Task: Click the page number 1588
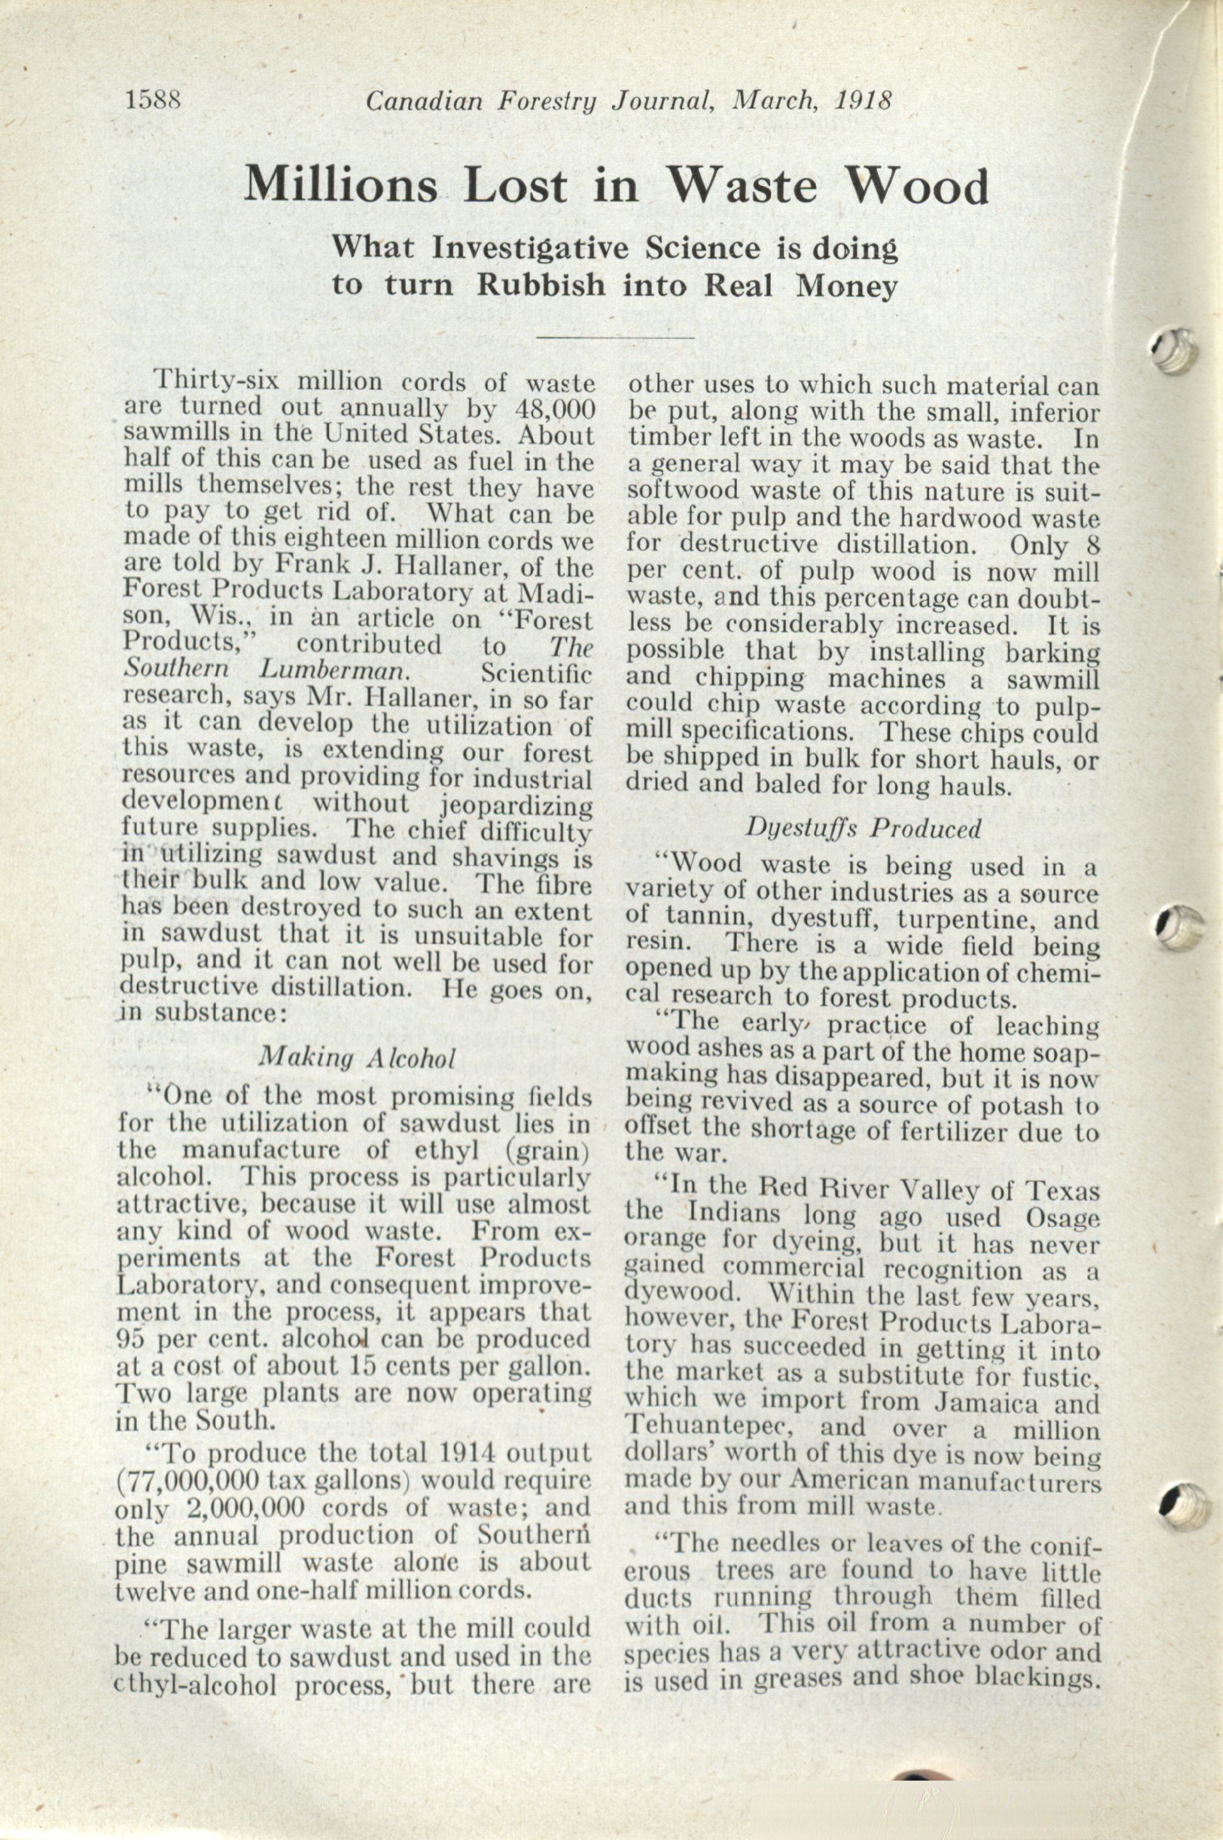pyautogui.click(x=153, y=100)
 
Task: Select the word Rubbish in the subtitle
pyautogui.click(x=541, y=285)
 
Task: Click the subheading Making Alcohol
pyautogui.click(x=357, y=1057)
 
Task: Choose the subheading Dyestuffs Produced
pyautogui.click(x=863, y=828)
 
